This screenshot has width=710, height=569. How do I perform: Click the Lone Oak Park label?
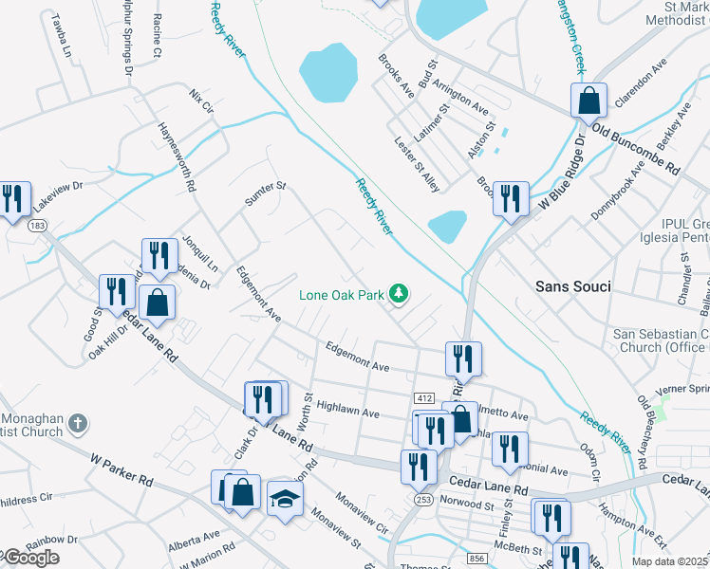342,295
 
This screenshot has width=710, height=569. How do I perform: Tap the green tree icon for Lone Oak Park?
401,295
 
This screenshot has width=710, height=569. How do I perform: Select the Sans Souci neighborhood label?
571,285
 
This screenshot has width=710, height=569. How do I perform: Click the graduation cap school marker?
284,498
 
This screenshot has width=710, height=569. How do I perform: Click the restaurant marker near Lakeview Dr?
12,199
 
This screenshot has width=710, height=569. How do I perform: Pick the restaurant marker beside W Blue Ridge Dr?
511,198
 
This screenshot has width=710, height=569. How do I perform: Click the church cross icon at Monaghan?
79,423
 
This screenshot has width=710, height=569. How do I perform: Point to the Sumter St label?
265,193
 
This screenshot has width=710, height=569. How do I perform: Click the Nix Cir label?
202,101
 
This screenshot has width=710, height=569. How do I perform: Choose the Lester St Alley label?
418,164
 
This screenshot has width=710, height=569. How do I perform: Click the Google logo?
30,558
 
